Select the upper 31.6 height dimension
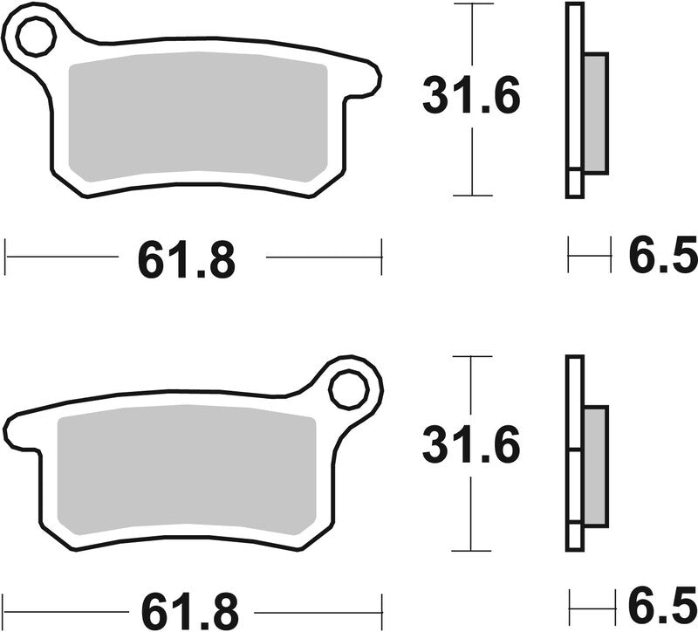(x=471, y=96)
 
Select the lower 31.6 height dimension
(x=471, y=446)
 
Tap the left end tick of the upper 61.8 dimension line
(x=6, y=258)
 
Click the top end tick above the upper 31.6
(x=471, y=4)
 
